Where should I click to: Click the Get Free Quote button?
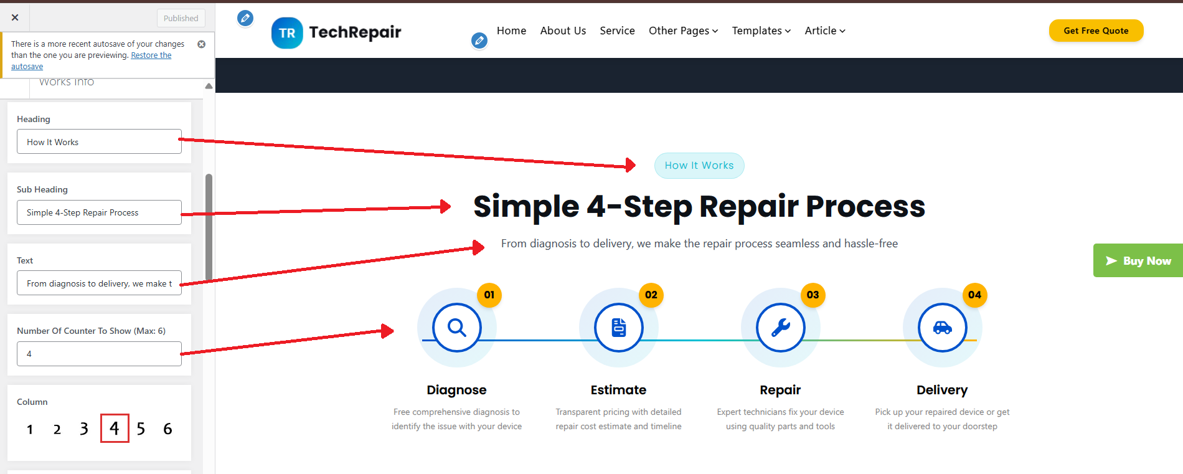[1096, 31]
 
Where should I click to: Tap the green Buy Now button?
[1138, 260]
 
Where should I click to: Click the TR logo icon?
[287, 33]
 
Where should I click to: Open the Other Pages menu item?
[683, 31]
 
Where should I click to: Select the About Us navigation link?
[563, 31]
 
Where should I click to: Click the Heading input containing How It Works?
[99, 142]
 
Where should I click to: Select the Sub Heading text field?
[99, 212]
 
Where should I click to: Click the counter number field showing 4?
[99, 354]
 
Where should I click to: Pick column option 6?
[167, 429]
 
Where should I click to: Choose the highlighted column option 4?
[115, 428]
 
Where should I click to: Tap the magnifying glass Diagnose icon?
[457, 328]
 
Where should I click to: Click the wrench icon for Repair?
[781, 328]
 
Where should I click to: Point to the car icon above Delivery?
[943, 328]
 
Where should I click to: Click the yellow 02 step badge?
[651, 295]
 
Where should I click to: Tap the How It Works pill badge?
[699, 166]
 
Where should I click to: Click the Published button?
[181, 18]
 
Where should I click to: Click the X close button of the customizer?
[15, 17]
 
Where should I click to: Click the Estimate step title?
[618, 390]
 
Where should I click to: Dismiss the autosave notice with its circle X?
[201, 44]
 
